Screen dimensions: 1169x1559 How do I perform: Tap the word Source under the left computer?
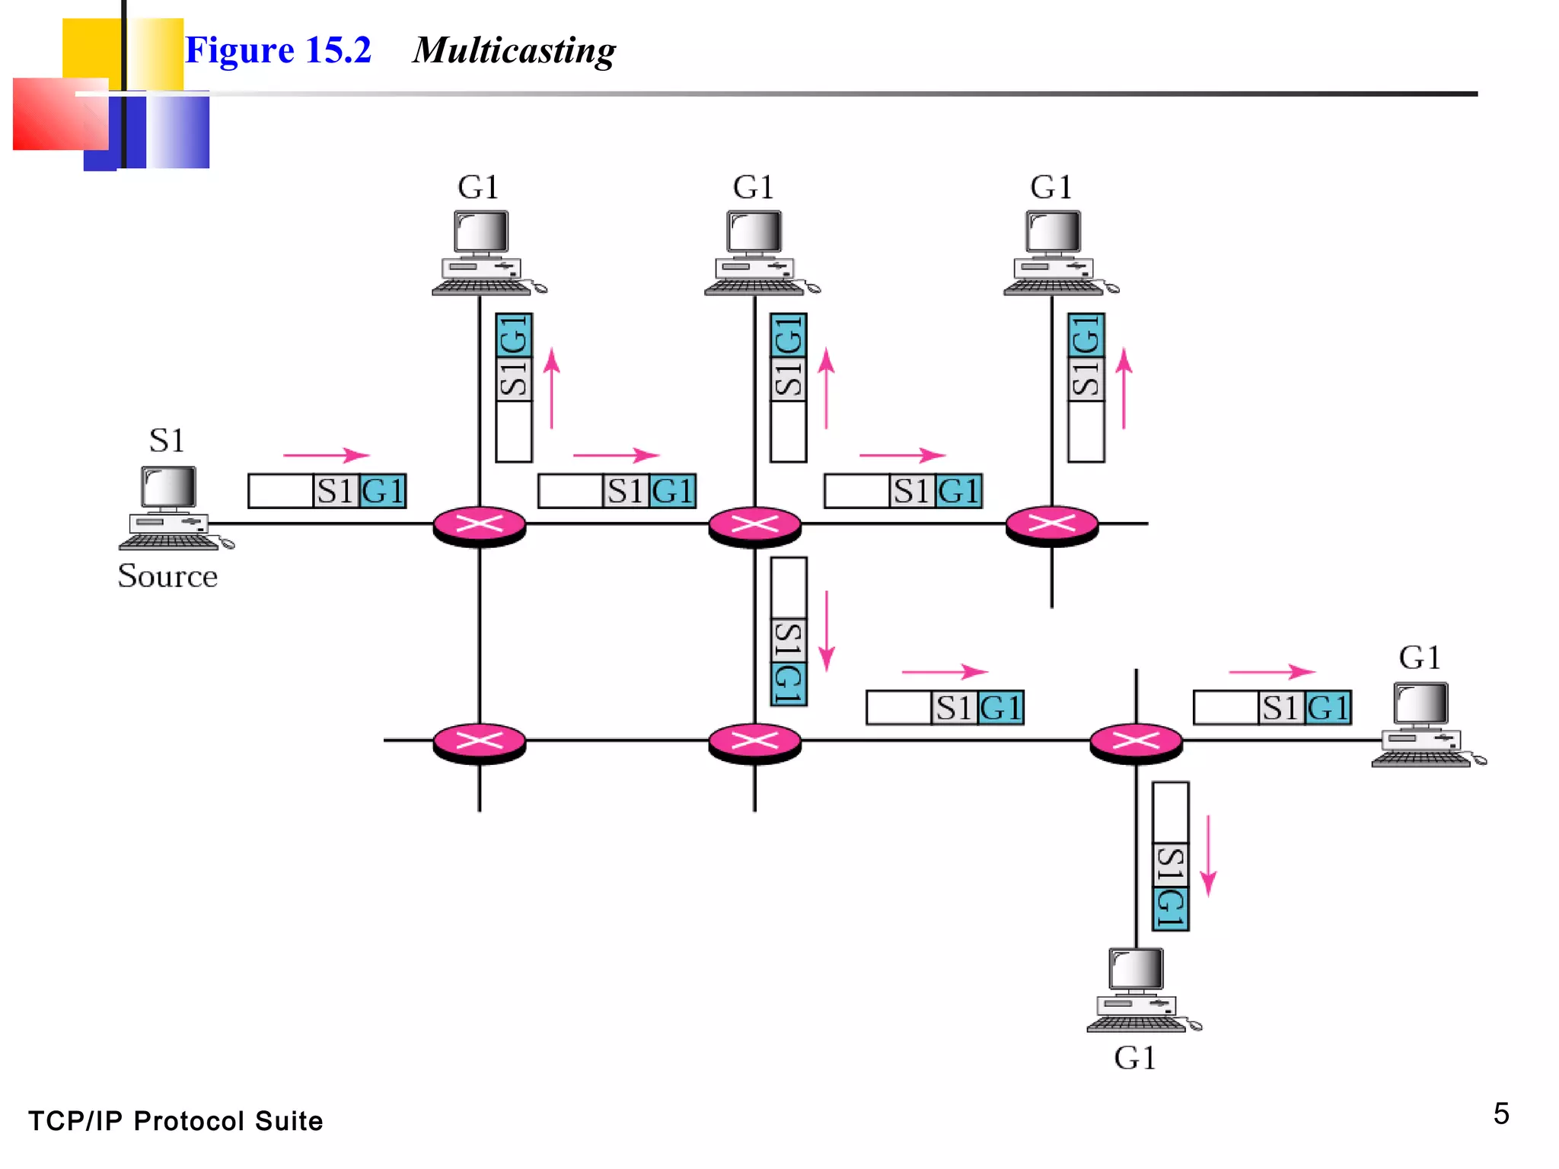(x=167, y=576)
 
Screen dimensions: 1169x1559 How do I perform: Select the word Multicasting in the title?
(x=514, y=51)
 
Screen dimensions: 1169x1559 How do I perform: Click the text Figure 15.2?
(x=278, y=51)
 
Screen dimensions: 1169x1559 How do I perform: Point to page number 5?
(x=1500, y=1113)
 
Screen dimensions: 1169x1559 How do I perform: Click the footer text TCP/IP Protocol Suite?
(x=175, y=1121)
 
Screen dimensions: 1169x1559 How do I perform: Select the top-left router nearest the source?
(x=479, y=525)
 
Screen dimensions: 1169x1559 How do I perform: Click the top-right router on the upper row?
(x=1051, y=525)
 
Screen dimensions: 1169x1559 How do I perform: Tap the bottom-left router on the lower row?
(x=479, y=741)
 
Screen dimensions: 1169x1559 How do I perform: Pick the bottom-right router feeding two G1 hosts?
(x=1136, y=741)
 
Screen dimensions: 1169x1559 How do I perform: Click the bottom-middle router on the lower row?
(x=754, y=741)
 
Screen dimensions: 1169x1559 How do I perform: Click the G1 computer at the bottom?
(x=1139, y=989)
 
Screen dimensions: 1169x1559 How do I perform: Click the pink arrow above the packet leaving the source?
(x=326, y=455)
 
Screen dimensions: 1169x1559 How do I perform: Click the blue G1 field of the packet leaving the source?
(x=382, y=492)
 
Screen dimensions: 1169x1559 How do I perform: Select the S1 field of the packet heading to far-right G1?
(x=1280, y=708)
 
